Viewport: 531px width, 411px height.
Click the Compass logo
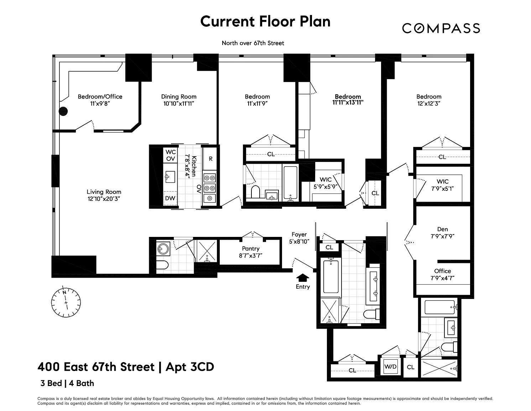click(441, 28)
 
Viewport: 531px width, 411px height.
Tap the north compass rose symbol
click(66, 302)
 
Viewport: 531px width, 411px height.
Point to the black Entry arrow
click(302, 278)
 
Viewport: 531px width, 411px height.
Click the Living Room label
click(104, 192)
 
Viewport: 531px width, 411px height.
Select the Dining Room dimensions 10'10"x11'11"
click(179, 103)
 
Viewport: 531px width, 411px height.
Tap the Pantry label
click(251, 249)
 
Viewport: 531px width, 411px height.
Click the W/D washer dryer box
click(390, 366)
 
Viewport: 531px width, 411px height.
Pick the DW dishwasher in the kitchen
click(170, 198)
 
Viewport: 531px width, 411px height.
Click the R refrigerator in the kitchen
click(210, 159)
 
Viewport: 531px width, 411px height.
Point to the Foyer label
click(299, 234)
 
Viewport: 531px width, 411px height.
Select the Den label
click(443, 229)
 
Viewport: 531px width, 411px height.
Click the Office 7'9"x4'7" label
click(443, 274)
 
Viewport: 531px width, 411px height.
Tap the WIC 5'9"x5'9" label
click(326, 183)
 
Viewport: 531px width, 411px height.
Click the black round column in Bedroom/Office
click(63, 111)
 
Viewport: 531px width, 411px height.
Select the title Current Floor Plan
click(265, 21)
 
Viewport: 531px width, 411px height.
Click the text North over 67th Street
click(253, 43)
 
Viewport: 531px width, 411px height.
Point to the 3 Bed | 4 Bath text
click(67, 383)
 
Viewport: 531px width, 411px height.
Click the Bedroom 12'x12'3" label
click(429, 100)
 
